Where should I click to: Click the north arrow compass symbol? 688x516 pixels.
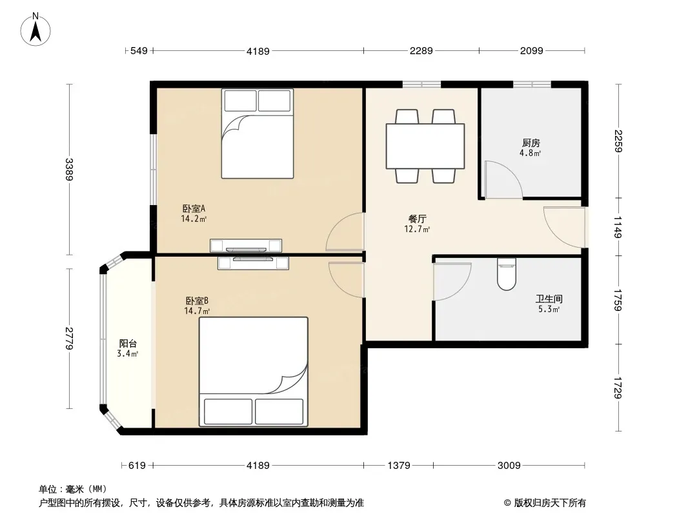[35, 30]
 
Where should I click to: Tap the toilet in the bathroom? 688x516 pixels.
[507, 274]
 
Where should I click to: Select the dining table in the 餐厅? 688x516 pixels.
[425, 146]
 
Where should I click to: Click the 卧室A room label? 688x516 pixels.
[194, 209]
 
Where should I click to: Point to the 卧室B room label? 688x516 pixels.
[197, 301]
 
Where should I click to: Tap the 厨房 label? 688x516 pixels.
[531, 143]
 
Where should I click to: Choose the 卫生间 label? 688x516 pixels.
[549, 299]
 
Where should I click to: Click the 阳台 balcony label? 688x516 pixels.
[128, 344]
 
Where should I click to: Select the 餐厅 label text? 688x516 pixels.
[418, 219]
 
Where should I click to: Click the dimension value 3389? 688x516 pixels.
[69, 169]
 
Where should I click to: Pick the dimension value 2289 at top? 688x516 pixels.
[421, 51]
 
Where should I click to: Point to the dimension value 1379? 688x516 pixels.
[398, 465]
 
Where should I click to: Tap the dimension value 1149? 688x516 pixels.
[618, 227]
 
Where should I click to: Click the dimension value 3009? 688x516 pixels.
[509, 465]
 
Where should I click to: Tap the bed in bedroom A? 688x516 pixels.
[258, 134]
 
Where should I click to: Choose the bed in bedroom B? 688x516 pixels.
[254, 372]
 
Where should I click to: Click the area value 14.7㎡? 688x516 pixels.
[197, 312]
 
